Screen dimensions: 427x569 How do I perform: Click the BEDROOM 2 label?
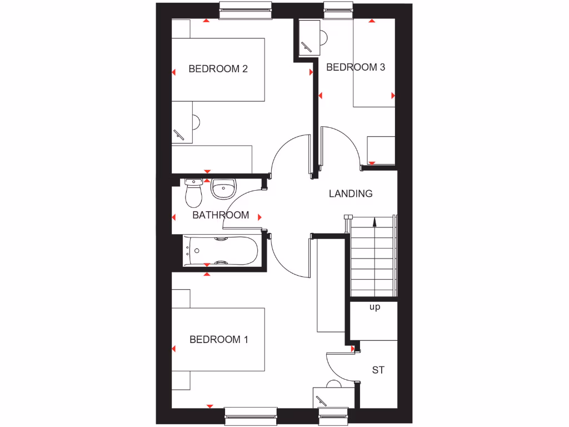click(x=218, y=69)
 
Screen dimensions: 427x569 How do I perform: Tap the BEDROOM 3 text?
click(x=356, y=67)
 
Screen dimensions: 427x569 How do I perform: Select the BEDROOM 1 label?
click(x=218, y=339)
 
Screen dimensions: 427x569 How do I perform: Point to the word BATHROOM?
click(x=221, y=215)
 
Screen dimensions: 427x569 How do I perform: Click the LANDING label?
click(x=351, y=193)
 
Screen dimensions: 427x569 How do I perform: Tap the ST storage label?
click(x=378, y=370)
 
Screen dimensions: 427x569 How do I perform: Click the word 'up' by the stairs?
click(x=375, y=307)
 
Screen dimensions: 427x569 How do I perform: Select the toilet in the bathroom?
click(x=193, y=192)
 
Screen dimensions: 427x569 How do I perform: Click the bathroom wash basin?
click(x=224, y=190)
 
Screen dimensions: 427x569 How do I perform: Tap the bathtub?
click(x=221, y=251)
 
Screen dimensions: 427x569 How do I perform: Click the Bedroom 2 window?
click(x=246, y=10)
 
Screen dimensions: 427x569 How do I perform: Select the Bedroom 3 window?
click(x=339, y=10)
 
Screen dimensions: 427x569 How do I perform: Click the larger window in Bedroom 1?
click(x=251, y=416)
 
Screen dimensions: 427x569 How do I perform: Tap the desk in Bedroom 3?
click(x=310, y=38)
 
